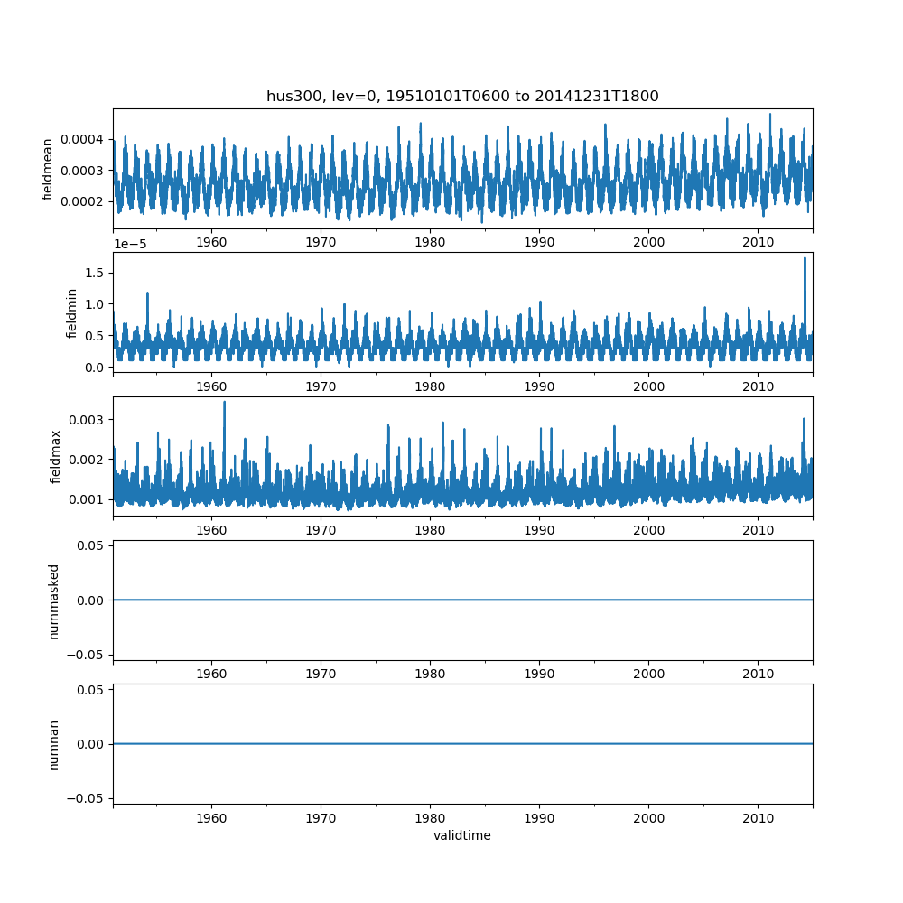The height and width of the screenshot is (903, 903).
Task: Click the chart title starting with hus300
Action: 462,96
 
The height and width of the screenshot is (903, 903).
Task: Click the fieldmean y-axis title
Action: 47,170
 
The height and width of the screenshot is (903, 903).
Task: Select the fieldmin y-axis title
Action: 71,313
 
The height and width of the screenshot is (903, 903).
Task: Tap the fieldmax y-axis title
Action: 55,457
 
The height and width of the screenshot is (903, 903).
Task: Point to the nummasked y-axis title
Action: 53,601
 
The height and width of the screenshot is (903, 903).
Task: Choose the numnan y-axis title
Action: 53,745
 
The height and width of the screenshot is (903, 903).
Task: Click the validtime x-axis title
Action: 462,835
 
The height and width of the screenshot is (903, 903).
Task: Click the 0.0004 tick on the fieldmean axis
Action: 82,139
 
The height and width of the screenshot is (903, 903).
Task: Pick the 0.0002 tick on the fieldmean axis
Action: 82,201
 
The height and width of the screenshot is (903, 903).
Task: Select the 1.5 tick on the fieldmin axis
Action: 95,273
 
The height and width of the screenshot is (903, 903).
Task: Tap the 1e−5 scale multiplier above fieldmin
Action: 130,244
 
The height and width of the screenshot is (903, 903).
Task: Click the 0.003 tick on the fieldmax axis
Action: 87,420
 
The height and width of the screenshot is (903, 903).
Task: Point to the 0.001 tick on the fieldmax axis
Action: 87,499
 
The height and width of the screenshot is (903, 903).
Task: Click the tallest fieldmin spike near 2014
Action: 805,258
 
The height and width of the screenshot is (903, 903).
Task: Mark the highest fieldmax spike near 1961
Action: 224,403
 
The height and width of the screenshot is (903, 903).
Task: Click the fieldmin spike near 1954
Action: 147,293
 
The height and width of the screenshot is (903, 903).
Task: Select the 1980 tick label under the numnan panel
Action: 430,818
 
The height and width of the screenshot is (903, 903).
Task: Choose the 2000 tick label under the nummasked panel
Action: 649,674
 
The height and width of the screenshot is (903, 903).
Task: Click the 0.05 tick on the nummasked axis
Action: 90,545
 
